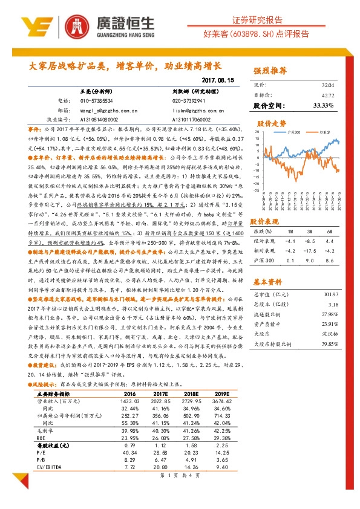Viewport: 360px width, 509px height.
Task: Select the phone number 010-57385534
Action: tap(88, 100)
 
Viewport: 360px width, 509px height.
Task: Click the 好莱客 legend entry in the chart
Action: tap(324, 131)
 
